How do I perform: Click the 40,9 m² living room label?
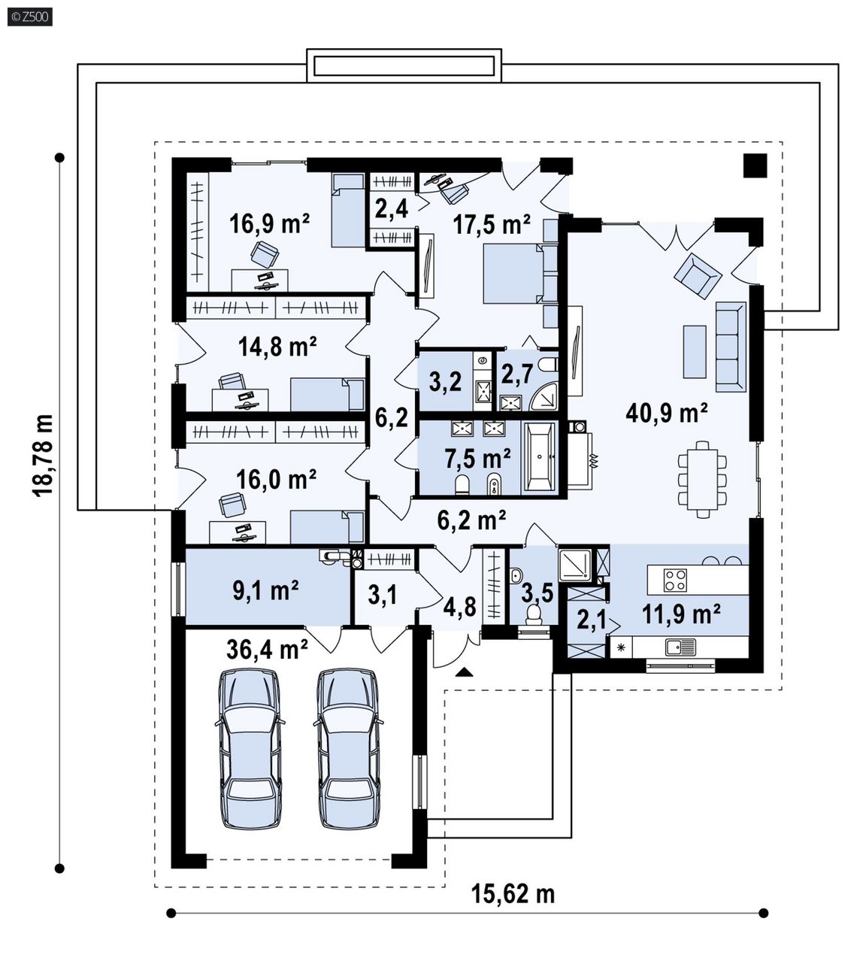[x=666, y=413]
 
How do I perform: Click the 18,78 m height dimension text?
[x=43, y=456]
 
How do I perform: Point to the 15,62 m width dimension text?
[x=513, y=894]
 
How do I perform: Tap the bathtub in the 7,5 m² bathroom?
[x=540, y=456]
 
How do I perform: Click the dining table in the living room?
[x=703, y=480]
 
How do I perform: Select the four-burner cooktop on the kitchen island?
[x=675, y=581]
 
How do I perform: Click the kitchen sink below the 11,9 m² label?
[x=680, y=647]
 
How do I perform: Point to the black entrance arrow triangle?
[x=464, y=672]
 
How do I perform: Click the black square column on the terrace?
[x=755, y=165]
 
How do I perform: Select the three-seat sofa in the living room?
[x=731, y=348]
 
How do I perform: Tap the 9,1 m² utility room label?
[x=266, y=590]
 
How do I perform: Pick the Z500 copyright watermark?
[x=30, y=17]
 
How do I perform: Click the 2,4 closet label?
[x=392, y=208]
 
